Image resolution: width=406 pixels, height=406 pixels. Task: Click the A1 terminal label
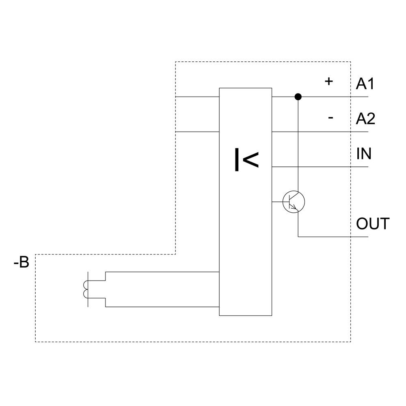365,84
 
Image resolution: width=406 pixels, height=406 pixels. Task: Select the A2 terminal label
365,119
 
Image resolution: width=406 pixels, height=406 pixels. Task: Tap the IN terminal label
364,154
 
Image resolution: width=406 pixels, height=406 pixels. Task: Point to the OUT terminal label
373,224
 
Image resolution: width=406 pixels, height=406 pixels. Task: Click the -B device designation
21,263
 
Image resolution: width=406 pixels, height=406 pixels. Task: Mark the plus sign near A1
328,81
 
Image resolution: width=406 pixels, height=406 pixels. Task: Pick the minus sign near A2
330,118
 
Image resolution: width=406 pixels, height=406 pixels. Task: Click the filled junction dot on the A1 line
298,97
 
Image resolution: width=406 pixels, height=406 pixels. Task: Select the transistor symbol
294,202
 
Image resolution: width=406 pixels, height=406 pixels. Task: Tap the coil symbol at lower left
85,289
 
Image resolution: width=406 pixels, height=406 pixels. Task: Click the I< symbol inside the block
246,160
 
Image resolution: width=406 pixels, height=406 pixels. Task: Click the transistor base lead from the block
277,202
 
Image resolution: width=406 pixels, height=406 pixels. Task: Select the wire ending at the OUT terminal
333,237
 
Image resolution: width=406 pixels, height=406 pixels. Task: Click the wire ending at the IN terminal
321,167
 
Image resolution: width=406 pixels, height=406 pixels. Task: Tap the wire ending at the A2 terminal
321,132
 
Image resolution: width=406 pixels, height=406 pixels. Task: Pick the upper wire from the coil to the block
162,272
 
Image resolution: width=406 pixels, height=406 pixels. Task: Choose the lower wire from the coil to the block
162,307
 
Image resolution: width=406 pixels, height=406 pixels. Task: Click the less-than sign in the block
251,160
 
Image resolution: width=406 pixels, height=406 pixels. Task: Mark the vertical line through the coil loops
88,289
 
